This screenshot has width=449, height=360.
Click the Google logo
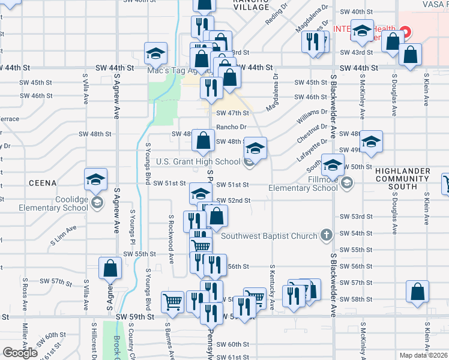tap(20, 352)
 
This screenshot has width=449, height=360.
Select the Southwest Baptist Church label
tap(269, 236)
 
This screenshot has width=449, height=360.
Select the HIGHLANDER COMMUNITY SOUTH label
tap(411, 179)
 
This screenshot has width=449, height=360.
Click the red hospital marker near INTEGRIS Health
tap(405, 30)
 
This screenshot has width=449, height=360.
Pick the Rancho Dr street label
tap(232, 127)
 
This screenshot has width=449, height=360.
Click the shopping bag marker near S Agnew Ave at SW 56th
tap(110, 269)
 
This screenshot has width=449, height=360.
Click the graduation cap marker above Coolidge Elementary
tap(95, 179)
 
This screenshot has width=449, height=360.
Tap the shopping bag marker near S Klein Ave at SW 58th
tap(417, 292)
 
